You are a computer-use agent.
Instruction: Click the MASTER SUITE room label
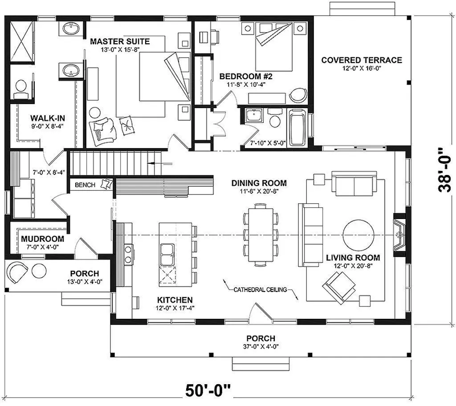pyautogui.click(x=120, y=42)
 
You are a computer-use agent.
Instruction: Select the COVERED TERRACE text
pyautogui.click(x=362, y=60)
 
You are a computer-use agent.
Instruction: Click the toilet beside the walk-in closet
pyautogui.click(x=20, y=89)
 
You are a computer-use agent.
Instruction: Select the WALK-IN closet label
pyautogui.click(x=48, y=118)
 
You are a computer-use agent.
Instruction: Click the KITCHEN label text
pyautogui.click(x=175, y=300)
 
